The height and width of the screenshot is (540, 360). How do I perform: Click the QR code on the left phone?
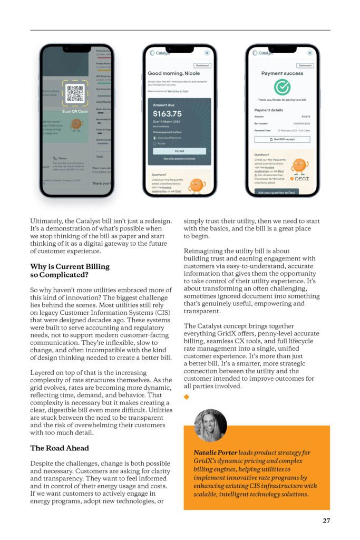point(75,94)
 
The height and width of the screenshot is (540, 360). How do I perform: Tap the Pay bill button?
point(179,151)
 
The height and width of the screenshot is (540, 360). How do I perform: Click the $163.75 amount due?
point(168,113)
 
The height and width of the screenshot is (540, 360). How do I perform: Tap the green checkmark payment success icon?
point(283,88)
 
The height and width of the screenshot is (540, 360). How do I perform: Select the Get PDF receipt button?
point(282,139)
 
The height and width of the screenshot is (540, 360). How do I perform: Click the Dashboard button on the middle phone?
point(202,66)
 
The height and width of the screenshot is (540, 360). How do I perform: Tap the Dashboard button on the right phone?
point(305,66)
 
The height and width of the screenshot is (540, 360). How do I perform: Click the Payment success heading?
point(283,73)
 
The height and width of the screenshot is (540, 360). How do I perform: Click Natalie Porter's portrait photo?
point(210,425)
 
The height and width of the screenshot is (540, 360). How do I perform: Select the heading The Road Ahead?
point(60,448)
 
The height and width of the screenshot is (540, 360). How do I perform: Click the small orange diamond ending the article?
point(186,397)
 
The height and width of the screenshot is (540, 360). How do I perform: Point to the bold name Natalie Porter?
point(215,452)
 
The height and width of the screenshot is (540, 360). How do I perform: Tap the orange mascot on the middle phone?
point(196,184)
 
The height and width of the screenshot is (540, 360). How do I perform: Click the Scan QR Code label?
point(75,111)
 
